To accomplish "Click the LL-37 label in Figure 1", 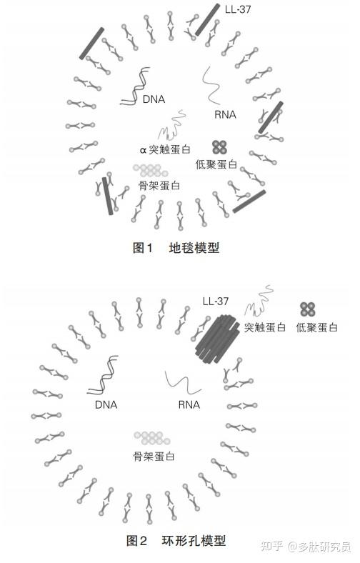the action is point(238,9).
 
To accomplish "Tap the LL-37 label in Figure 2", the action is point(215,302).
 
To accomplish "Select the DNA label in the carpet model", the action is point(154,99).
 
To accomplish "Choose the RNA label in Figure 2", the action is point(189,404).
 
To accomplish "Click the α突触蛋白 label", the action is point(165,149).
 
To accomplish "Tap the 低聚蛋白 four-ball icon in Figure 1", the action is point(219,147).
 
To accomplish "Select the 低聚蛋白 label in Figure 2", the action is point(316,327).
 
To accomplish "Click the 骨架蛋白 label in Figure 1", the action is point(159,185).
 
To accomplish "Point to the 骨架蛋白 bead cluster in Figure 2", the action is point(152,438).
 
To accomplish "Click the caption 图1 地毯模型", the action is point(176,248).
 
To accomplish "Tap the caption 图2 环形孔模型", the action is point(176,540).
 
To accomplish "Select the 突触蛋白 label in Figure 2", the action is point(265,327).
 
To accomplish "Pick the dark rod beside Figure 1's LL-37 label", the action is point(207,20).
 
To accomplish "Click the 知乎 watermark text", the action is point(272,546).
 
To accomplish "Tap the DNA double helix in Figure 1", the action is point(135,86).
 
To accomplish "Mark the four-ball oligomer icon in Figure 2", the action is point(308,309).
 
